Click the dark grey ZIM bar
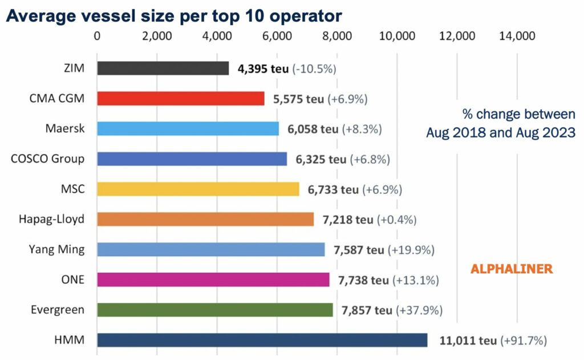[163, 68]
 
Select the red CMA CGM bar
[181, 98]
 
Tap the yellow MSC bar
[198, 189]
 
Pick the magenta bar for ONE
[213, 280]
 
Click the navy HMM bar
[262, 340]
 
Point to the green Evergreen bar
[215, 310]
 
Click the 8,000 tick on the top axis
[337, 36]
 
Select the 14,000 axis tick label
[517, 36]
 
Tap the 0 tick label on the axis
[97, 36]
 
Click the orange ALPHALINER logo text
[512, 269]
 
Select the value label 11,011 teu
[468, 341]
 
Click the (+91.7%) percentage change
[524, 341]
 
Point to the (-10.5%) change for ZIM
[314, 69]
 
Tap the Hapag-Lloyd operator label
[52, 219]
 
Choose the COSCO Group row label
[48, 159]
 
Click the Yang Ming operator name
[56, 249]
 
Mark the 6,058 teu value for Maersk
[313, 130]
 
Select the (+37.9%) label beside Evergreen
[419, 310]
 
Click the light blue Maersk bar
[188, 128]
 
